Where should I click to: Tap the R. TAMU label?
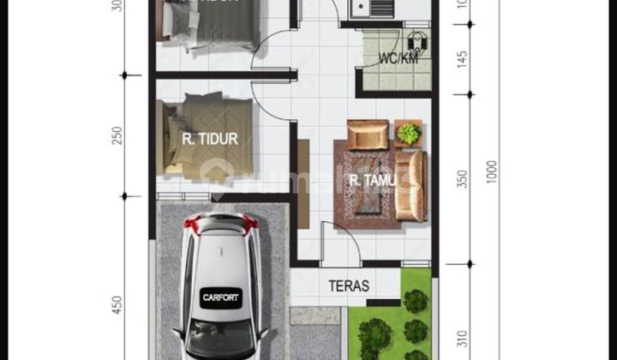coord(366,180)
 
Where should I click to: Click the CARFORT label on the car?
coord(221,297)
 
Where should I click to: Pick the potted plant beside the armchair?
coord(410,133)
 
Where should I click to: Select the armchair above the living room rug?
coord(368,135)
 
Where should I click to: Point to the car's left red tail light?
coord(192,224)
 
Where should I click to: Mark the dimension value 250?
coord(117,135)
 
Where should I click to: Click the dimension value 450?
coord(117,305)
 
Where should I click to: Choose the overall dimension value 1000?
coord(491,171)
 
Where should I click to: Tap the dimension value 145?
coord(463,60)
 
